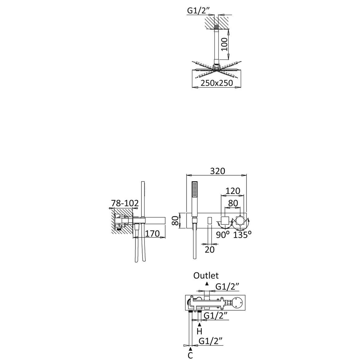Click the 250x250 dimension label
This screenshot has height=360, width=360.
click(x=217, y=83)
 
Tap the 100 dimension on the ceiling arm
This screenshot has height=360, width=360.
click(x=224, y=44)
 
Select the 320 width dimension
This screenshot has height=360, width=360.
click(x=218, y=171)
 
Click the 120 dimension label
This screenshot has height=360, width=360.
click(x=233, y=191)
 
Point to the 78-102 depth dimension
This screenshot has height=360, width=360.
click(x=125, y=203)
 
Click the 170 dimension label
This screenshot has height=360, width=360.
click(x=152, y=234)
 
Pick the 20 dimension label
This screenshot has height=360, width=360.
click(x=209, y=250)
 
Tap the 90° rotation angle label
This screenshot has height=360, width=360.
click(x=223, y=235)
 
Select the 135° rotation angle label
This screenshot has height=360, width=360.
click(x=242, y=235)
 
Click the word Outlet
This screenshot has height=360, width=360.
click(x=206, y=276)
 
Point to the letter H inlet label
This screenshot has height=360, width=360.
click(x=199, y=332)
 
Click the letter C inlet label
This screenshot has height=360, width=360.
click(x=190, y=355)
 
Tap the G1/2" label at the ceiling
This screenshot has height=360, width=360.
click(x=199, y=11)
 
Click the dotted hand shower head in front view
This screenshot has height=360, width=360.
click(x=195, y=189)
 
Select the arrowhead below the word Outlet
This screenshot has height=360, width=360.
click(x=207, y=283)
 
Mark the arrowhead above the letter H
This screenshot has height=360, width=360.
click(x=200, y=324)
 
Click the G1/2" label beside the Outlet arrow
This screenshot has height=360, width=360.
click(x=227, y=287)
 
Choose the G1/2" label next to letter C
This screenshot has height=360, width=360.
click(x=211, y=341)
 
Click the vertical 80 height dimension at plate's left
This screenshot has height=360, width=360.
click(x=175, y=220)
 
